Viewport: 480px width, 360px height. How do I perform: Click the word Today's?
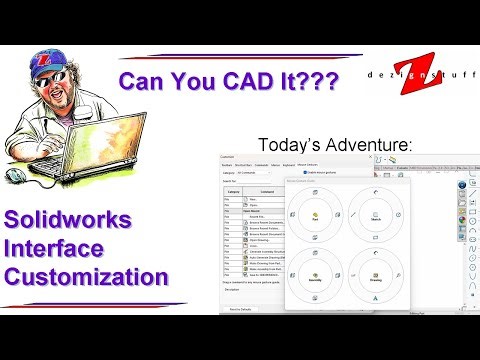[291, 145]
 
